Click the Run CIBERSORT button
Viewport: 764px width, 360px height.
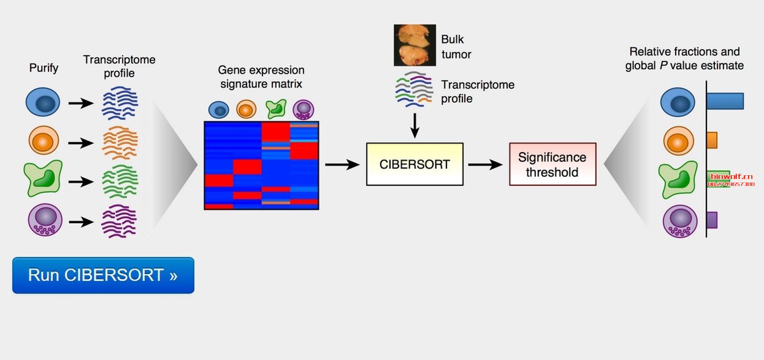pyautogui.click(x=103, y=275)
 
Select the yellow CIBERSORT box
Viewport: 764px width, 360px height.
pyautogui.click(x=414, y=165)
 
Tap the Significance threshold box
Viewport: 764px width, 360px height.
pyautogui.click(x=552, y=165)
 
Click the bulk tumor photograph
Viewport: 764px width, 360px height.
pyautogui.click(x=414, y=45)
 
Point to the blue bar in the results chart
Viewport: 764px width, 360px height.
pyautogui.click(x=725, y=101)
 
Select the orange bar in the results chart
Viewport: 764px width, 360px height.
pyautogui.click(x=712, y=140)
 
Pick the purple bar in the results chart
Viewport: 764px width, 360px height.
pyautogui.click(x=712, y=220)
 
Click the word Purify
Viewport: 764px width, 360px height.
pyautogui.click(x=44, y=68)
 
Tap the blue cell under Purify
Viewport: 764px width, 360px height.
pyautogui.click(x=43, y=102)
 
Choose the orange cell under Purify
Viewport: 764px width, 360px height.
pyautogui.click(x=44, y=140)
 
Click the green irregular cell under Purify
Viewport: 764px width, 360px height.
pyautogui.click(x=43, y=178)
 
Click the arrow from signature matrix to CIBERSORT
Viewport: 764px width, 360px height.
pyautogui.click(x=342, y=165)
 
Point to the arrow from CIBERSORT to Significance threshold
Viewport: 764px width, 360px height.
pyautogui.click(x=485, y=165)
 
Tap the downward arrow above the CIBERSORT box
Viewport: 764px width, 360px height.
pyautogui.click(x=414, y=126)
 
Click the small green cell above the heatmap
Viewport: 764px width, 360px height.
pyautogui.click(x=276, y=109)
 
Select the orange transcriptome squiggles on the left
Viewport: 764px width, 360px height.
pyautogui.click(x=120, y=143)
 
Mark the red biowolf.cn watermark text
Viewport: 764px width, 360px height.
pyautogui.click(x=732, y=177)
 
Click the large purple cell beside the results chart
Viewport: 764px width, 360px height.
pyautogui.click(x=680, y=221)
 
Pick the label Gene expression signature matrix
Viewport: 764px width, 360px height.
pyautogui.click(x=261, y=77)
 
